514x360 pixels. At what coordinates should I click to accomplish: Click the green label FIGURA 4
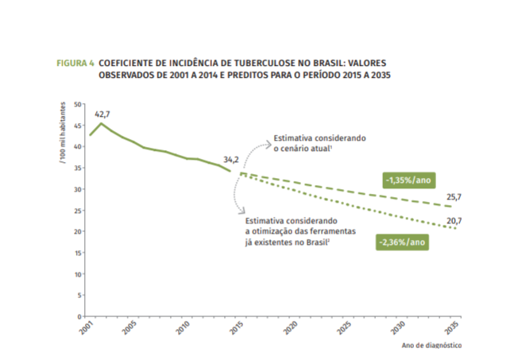(75, 62)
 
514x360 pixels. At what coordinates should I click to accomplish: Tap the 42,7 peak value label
(102, 114)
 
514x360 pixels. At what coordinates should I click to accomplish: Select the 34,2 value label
(231, 159)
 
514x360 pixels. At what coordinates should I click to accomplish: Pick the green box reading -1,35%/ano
(408, 180)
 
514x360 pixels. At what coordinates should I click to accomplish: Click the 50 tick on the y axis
(78, 104)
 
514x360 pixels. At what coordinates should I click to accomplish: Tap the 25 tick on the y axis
(78, 211)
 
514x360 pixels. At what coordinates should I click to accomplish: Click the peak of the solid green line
(101, 124)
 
